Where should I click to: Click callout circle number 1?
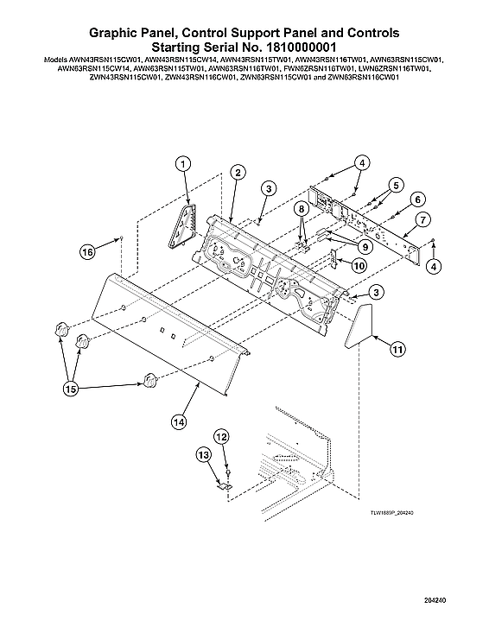coord(183,162)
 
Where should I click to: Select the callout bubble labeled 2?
coord(235,173)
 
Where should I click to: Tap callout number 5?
coord(395,184)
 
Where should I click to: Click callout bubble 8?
coord(301,208)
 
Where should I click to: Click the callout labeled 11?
coord(397,350)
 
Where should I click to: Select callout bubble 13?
coord(203,453)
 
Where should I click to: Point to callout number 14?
coord(178,422)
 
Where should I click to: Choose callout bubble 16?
coord(87,252)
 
